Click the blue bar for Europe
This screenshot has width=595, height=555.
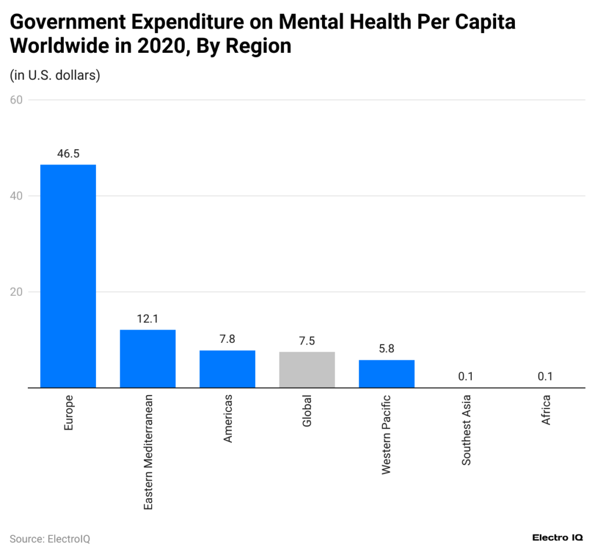click(68, 276)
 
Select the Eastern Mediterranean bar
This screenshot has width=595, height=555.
click(148, 359)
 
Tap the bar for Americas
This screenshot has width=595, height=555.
click(227, 369)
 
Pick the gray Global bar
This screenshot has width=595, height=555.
click(307, 370)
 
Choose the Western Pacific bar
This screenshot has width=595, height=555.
click(386, 374)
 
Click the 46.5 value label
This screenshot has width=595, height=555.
click(68, 154)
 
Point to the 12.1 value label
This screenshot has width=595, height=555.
click(148, 319)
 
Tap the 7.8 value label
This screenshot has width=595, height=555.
click(227, 339)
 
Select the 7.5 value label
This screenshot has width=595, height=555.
click(307, 341)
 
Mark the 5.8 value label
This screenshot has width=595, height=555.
click(386, 349)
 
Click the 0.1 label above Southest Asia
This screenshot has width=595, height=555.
click(465, 377)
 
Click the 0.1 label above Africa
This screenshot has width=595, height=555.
click(545, 377)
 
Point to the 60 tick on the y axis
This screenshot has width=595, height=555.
click(16, 100)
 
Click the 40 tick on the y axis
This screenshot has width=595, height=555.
click(16, 196)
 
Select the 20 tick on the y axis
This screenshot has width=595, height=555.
click(16, 292)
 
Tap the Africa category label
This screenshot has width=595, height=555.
click(546, 410)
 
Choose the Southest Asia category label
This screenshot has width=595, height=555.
click(466, 430)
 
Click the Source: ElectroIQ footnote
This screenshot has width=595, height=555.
click(50, 539)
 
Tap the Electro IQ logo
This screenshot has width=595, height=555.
click(558, 538)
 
